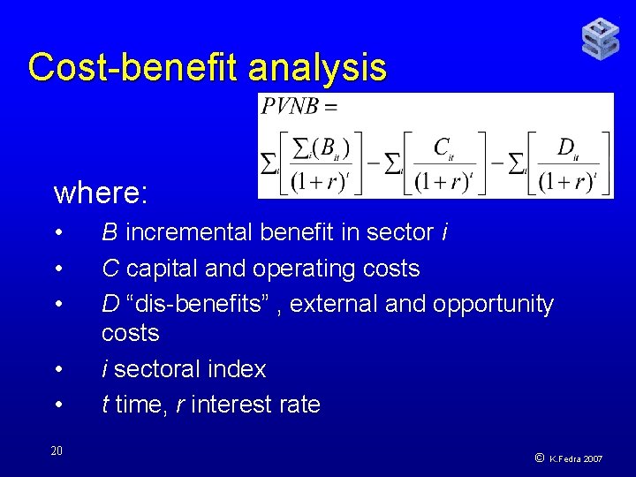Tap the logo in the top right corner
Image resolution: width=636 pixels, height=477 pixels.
coord(600,38)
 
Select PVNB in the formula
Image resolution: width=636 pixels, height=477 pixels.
coord(291,107)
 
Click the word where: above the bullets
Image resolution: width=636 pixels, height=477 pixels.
coord(100,192)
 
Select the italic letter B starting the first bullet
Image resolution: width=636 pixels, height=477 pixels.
coord(110,232)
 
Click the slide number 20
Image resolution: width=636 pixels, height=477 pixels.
coord(57,450)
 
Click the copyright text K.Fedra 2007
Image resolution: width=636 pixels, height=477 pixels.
coord(576,459)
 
